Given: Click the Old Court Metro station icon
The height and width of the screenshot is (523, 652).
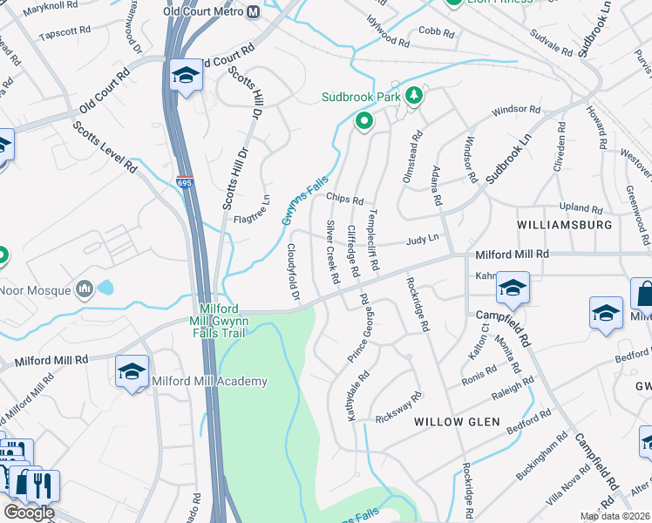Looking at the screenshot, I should [x=253, y=12].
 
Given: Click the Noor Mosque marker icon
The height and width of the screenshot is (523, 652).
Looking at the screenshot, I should [x=85, y=288].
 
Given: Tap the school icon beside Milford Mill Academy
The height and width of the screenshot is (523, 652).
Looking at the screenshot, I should [x=132, y=371].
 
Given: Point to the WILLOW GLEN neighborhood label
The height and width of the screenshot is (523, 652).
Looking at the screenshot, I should [x=457, y=422].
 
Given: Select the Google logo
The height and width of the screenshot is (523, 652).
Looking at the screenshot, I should [x=29, y=512].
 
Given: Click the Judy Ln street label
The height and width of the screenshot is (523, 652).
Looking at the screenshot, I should [x=420, y=241].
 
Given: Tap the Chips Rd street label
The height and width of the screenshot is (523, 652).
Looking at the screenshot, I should [x=344, y=199].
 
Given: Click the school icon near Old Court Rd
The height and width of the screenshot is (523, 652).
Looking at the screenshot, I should [x=185, y=76].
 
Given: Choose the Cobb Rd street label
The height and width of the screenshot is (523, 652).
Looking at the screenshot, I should [x=435, y=33].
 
